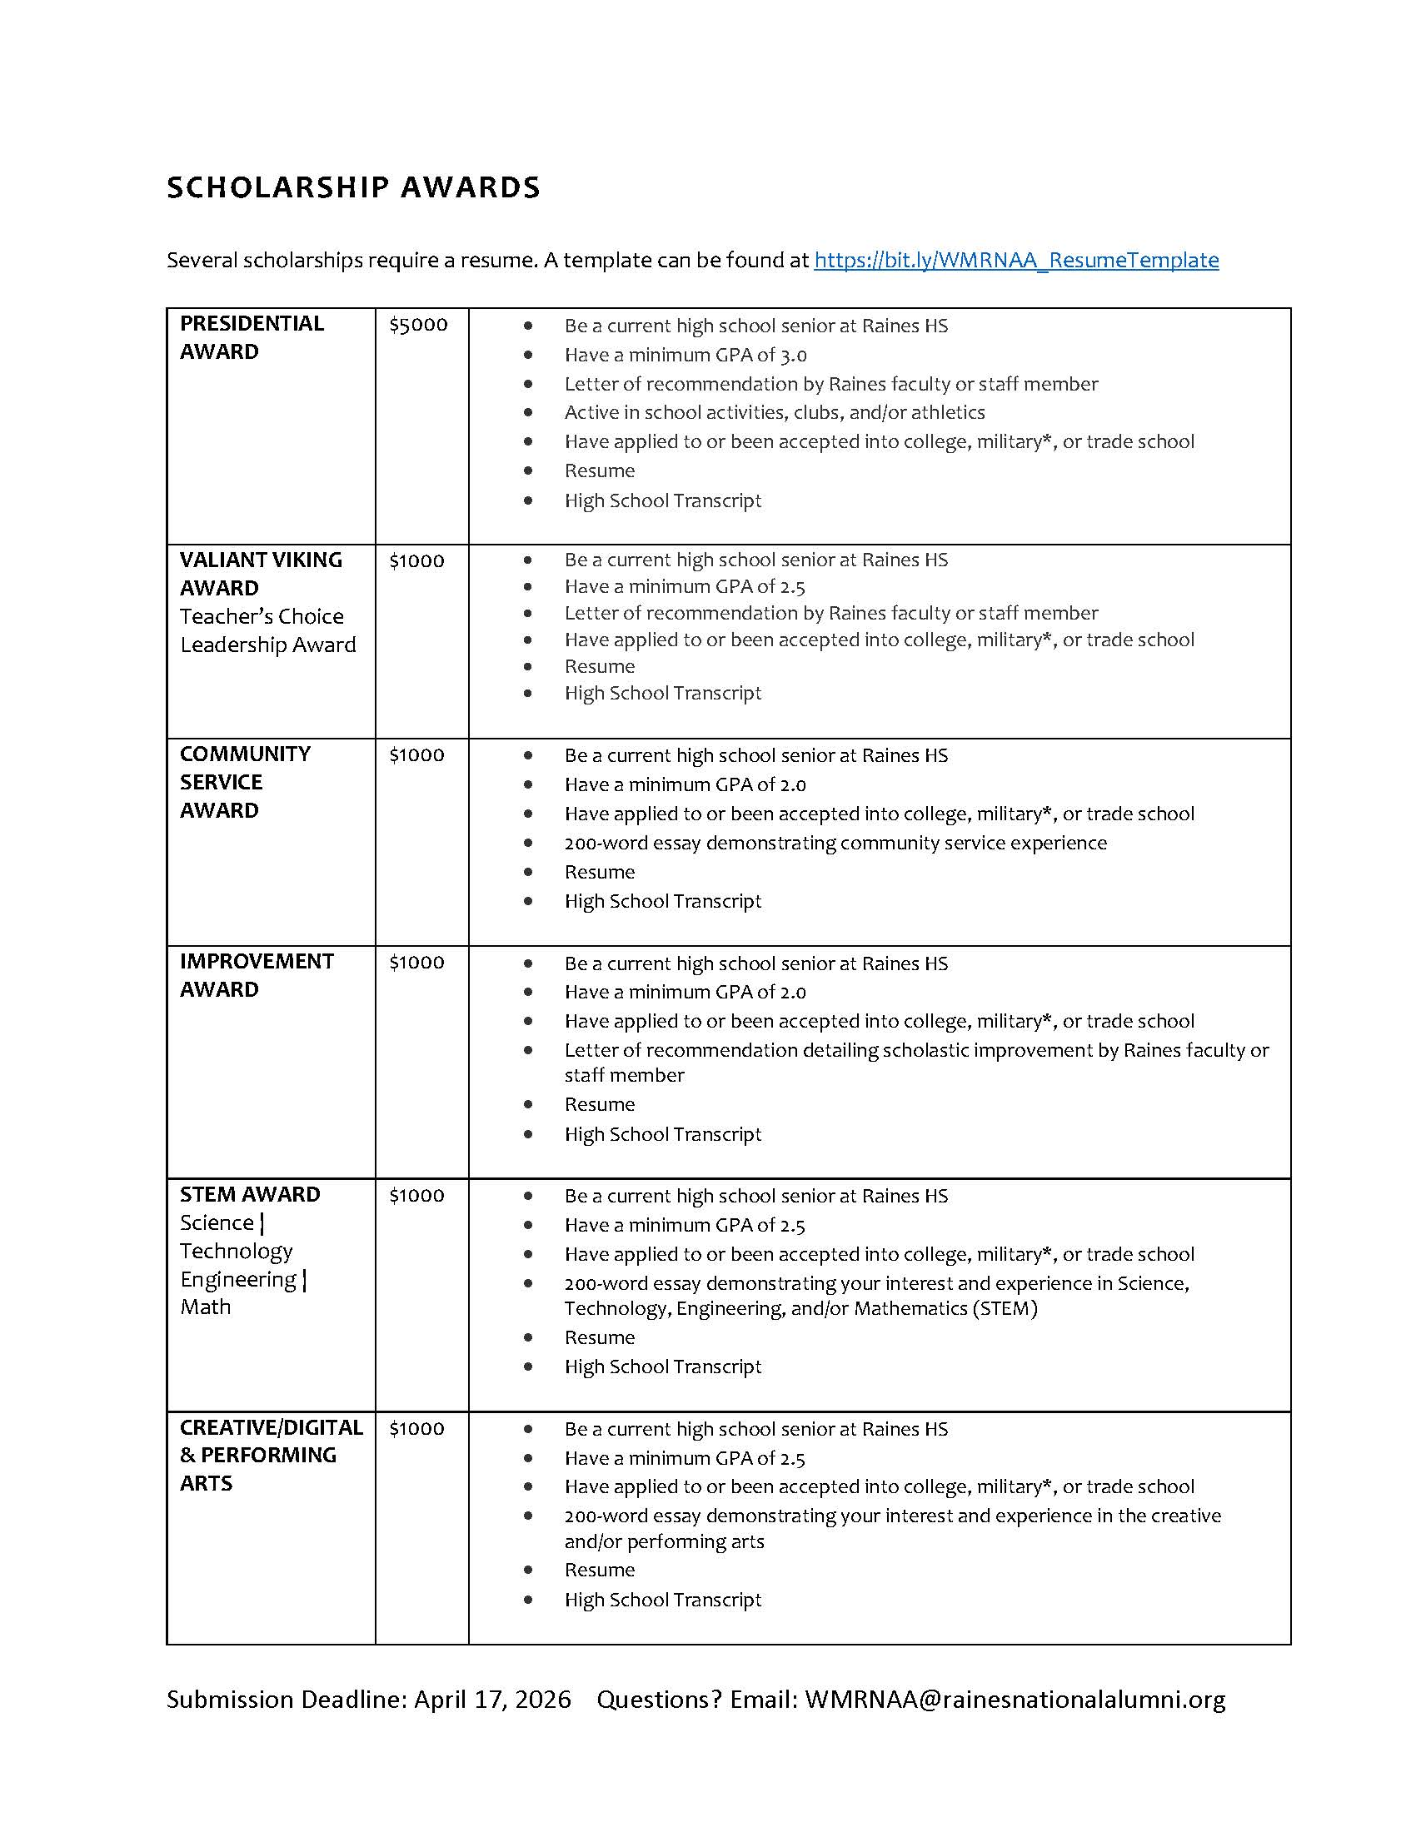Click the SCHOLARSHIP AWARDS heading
(x=353, y=187)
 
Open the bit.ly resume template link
(x=1016, y=260)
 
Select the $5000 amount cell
(x=418, y=325)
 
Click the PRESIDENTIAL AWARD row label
(x=252, y=337)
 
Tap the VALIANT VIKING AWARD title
(x=260, y=574)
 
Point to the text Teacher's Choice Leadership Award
(x=267, y=631)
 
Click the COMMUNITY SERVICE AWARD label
(x=244, y=782)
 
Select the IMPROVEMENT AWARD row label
(x=256, y=975)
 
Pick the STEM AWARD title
(x=249, y=1194)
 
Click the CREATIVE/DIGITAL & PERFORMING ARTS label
(x=270, y=1456)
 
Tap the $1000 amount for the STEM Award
(x=416, y=1195)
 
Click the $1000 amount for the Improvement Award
(x=416, y=962)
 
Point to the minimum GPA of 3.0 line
(x=686, y=355)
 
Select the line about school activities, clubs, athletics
(x=775, y=412)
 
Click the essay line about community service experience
(x=835, y=843)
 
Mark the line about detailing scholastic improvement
(x=916, y=1050)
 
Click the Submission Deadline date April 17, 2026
(x=492, y=1700)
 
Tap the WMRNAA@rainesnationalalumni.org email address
(x=1015, y=1700)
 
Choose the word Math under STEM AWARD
(x=206, y=1307)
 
